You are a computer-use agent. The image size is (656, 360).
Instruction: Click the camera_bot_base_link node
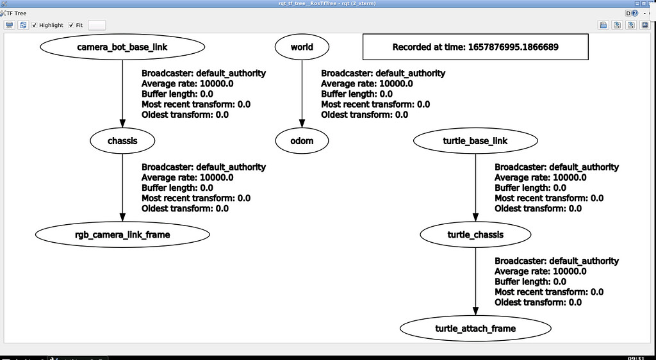pos(122,47)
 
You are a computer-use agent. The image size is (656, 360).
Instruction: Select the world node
pos(302,47)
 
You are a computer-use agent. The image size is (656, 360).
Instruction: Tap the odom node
pos(302,141)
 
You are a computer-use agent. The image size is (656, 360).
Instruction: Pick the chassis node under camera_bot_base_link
pos(122,141)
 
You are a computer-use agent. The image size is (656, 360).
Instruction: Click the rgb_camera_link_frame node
pos(122,234)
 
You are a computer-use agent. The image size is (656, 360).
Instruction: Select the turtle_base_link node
pos(475,141)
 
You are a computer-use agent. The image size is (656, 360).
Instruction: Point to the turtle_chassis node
pos(475,234)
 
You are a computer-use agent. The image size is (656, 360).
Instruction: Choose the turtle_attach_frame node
pos(475,329)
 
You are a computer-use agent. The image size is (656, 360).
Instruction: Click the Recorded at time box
pos(475,47)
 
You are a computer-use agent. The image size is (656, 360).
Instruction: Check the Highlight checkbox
pos(35,25)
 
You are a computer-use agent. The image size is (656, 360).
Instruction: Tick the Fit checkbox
pos(71,25)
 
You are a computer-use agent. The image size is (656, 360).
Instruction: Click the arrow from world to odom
pos(302,94)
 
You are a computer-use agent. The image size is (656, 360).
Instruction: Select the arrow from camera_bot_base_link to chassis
pos(122,94)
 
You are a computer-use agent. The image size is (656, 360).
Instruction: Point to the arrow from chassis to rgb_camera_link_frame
pos(122,188)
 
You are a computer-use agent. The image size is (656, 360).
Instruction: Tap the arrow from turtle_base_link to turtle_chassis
pos(475,188)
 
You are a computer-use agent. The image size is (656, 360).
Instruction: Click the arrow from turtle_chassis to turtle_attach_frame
pos(475,282)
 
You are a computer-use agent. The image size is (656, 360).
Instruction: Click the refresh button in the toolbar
pos(23,25)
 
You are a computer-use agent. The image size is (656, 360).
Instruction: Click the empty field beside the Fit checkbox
pos(97,25)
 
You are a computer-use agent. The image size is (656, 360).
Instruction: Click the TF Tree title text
pos(16,13)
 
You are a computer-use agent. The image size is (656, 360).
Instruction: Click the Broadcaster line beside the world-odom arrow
pos(383,73)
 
